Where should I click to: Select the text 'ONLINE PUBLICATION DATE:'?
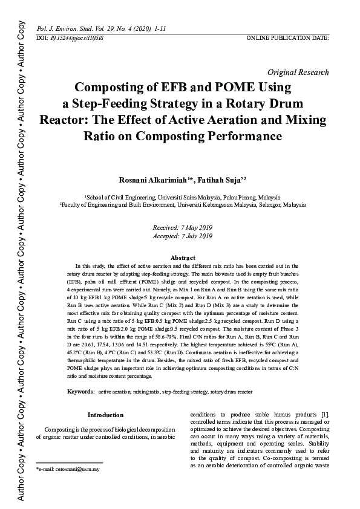tap(287, 37)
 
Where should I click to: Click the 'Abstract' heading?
tap(183, 258)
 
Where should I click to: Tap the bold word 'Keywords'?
tap(80, 392)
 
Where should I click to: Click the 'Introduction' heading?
tap(105, 415)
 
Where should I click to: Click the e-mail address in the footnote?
tap(69, 468)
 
